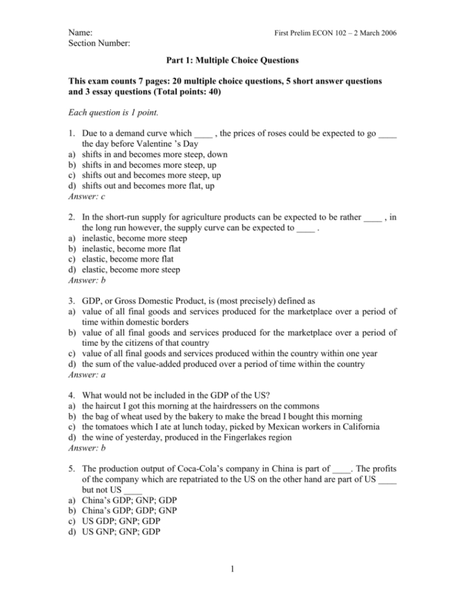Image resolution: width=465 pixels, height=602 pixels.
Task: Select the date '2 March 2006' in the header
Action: [x=375, y=32]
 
